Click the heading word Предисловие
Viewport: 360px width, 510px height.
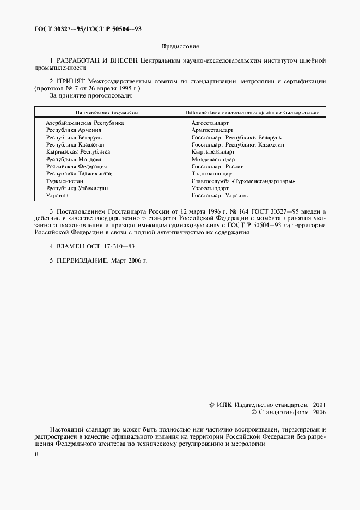pos(180,47)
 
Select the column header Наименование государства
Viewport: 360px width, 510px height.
pos(107,112)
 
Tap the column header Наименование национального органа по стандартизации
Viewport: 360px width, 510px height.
pos(252,112)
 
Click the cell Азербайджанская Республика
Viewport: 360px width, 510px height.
pos(85,123)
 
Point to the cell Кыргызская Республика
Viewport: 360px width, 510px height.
pos(78,152)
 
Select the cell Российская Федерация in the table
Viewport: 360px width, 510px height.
pos(76,166)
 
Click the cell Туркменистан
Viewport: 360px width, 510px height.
pos(65,181)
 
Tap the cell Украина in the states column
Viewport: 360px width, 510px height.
pos(57,195)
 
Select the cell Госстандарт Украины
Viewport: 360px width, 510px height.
pos(220,195)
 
